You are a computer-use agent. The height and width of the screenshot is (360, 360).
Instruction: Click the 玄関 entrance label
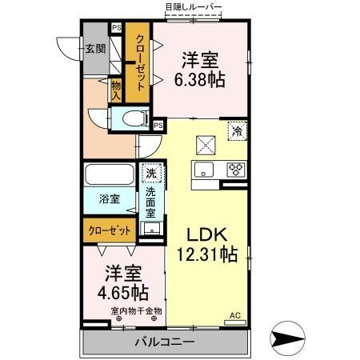click(95, 49)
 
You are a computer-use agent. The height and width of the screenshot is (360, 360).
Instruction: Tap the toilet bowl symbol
click(135, 118)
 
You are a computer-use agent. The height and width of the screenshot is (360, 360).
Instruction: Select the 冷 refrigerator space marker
click(237, 131)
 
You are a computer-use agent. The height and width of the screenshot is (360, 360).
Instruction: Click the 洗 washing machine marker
click(151, 174)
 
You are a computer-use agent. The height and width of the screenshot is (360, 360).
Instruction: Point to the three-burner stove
click(236, 170)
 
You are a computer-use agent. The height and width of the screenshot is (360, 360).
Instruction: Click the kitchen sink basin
click(204, 170)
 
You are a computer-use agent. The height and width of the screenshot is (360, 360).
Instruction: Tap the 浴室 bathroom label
click(109, 199)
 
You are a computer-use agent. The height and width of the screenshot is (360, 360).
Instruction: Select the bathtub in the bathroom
click(110, 174)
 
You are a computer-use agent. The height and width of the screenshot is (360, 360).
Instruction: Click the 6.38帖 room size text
click(200, 80)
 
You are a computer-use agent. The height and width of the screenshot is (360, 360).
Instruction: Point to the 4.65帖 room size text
click(123, 293)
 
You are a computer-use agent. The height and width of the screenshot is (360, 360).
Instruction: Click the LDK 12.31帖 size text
click(207, 245)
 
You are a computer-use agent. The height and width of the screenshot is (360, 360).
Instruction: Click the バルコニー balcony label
click(165, 342)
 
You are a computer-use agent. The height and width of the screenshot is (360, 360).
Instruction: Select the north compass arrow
click(287, 338)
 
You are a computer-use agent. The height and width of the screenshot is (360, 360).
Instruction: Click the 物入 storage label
click(116, 90)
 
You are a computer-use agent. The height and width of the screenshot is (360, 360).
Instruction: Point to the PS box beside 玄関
click(116, 27)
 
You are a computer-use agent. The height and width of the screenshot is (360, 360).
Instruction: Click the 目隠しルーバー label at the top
click(194, 7)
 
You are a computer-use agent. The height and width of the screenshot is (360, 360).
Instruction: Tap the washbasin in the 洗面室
click(152, 228)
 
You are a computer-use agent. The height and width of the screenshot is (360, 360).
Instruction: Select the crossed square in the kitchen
click(206, 145)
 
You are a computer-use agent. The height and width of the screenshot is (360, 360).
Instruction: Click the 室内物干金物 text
click(136, 311)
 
